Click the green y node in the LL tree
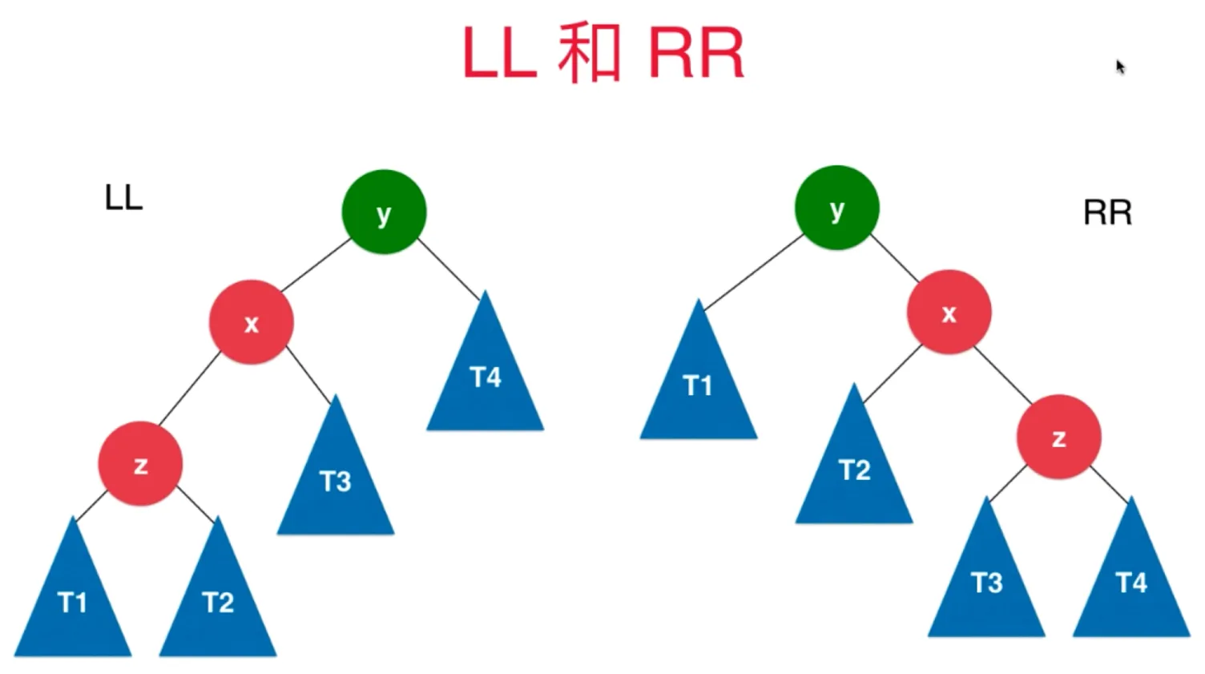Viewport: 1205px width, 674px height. (x=384, y=212)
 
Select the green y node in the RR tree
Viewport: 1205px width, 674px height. (x=836, y=208)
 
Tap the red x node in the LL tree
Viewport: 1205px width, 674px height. (x=252, y=322)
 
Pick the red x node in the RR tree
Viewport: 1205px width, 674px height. (x=949, y=312)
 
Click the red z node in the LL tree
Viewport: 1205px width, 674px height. (x=140, y=463)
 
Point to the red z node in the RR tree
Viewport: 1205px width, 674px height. (x=1058, y=437)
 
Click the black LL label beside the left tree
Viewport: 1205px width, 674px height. (x=123, y=197)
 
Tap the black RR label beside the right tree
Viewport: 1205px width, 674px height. (x=1107, y=213)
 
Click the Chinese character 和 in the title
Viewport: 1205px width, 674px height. (x=590, y=54)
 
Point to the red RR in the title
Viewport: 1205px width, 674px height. (x=695, y=54)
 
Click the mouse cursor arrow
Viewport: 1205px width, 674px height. (x=1120, y=67)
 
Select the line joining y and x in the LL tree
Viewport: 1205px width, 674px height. (x=316, y=264)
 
